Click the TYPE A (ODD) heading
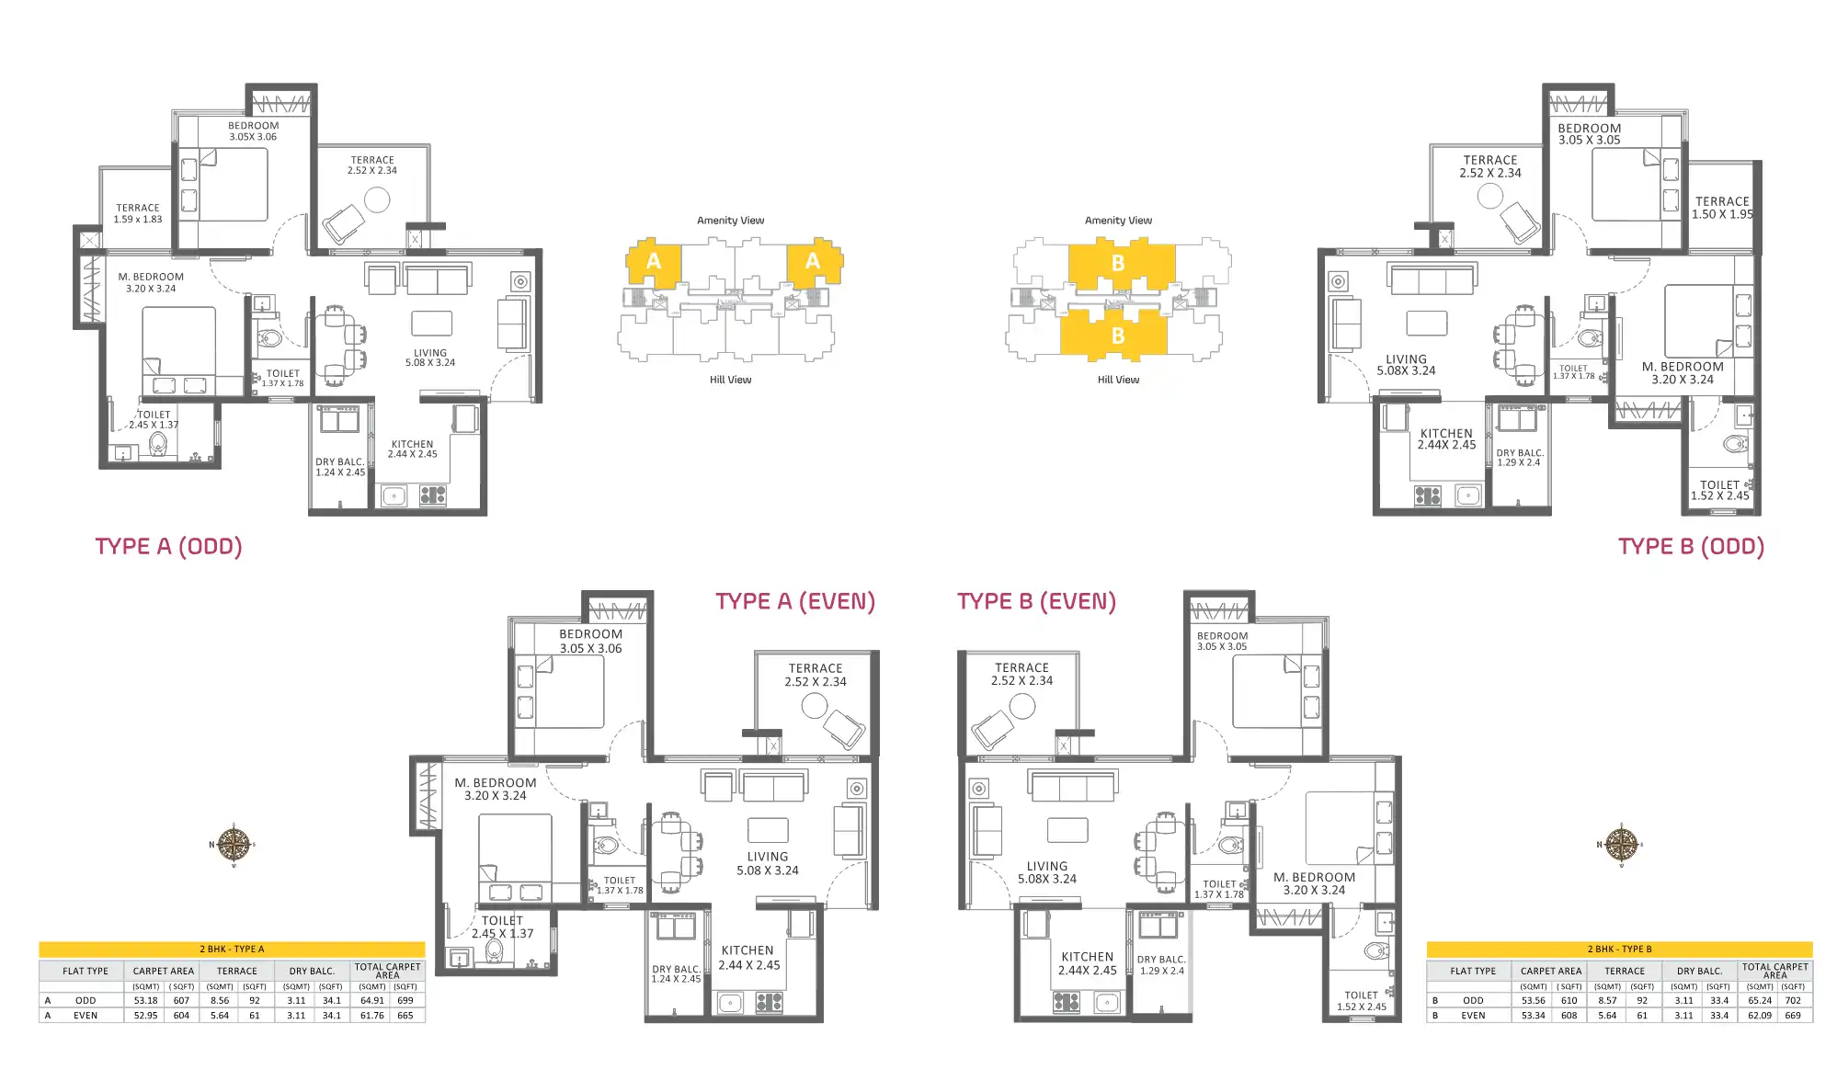point(168,546)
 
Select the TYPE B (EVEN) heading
point(1036,601)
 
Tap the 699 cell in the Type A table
point(405,1000)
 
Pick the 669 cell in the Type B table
point(1792,1016)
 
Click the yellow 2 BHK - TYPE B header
point(1618,949)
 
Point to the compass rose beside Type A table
point(234,844)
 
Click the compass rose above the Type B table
point(1621,844)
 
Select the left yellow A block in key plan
point(654,262)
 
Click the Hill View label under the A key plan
point(730,380)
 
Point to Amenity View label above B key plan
point(1118,221)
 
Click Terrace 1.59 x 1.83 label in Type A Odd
point(138,213)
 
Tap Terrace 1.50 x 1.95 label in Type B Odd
point(1722,208)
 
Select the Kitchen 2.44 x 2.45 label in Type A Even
point(748,958)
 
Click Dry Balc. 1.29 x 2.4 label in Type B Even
point(1161,964)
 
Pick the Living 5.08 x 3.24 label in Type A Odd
point(429,358)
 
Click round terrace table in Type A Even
point(815,705)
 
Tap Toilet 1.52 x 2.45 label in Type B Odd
point(1719,490)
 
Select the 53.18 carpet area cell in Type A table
point(145,1000)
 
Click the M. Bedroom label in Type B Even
point(1314,883)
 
